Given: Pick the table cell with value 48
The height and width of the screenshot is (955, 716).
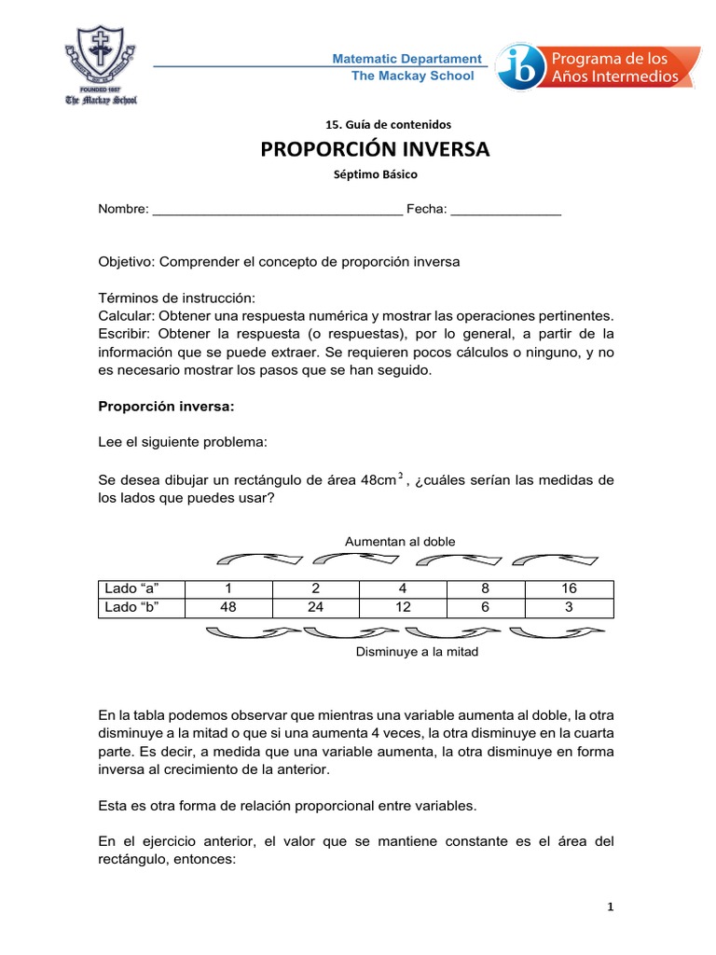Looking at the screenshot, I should pos(228,608).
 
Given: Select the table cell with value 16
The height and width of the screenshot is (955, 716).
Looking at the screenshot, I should pos(570,588).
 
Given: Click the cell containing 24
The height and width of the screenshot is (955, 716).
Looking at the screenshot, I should pos(316,608).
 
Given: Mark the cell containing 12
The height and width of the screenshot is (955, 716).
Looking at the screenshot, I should pos(404,608).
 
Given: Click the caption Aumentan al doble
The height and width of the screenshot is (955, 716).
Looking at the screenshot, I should pos(400,541).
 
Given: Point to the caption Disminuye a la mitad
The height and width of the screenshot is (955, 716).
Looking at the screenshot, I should pos(417,652).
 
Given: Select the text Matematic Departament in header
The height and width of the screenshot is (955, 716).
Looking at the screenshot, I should pos(407,59).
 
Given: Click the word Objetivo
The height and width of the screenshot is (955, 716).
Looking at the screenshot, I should pos(126,262).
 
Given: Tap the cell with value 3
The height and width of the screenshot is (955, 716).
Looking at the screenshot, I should pos(570,608).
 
